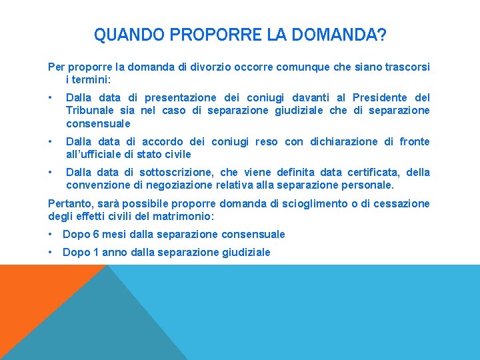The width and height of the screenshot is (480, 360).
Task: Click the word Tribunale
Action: [90, 111]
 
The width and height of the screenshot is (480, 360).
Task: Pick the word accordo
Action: [163, 141]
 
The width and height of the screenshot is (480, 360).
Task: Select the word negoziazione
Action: [172, 185]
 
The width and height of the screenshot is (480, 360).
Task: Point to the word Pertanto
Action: [69, 203]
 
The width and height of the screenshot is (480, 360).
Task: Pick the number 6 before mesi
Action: [96, 234]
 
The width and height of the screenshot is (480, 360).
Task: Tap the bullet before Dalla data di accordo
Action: [52, 141]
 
